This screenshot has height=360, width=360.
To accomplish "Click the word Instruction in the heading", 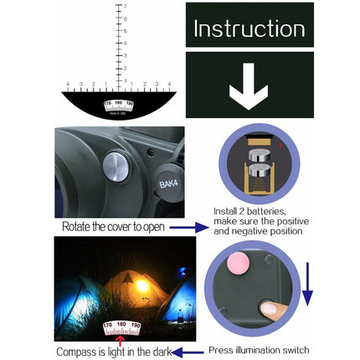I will (x=249, y=28).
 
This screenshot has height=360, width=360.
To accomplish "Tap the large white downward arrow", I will (x=249, y=86).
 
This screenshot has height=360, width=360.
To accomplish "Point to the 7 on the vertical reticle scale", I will (x=125, y=7).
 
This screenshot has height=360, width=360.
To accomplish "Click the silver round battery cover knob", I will (x=119, y=167).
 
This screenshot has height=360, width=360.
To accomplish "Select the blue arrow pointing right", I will (x=190, y=227).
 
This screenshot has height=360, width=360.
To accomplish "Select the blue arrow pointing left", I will (x=188, y=352).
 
